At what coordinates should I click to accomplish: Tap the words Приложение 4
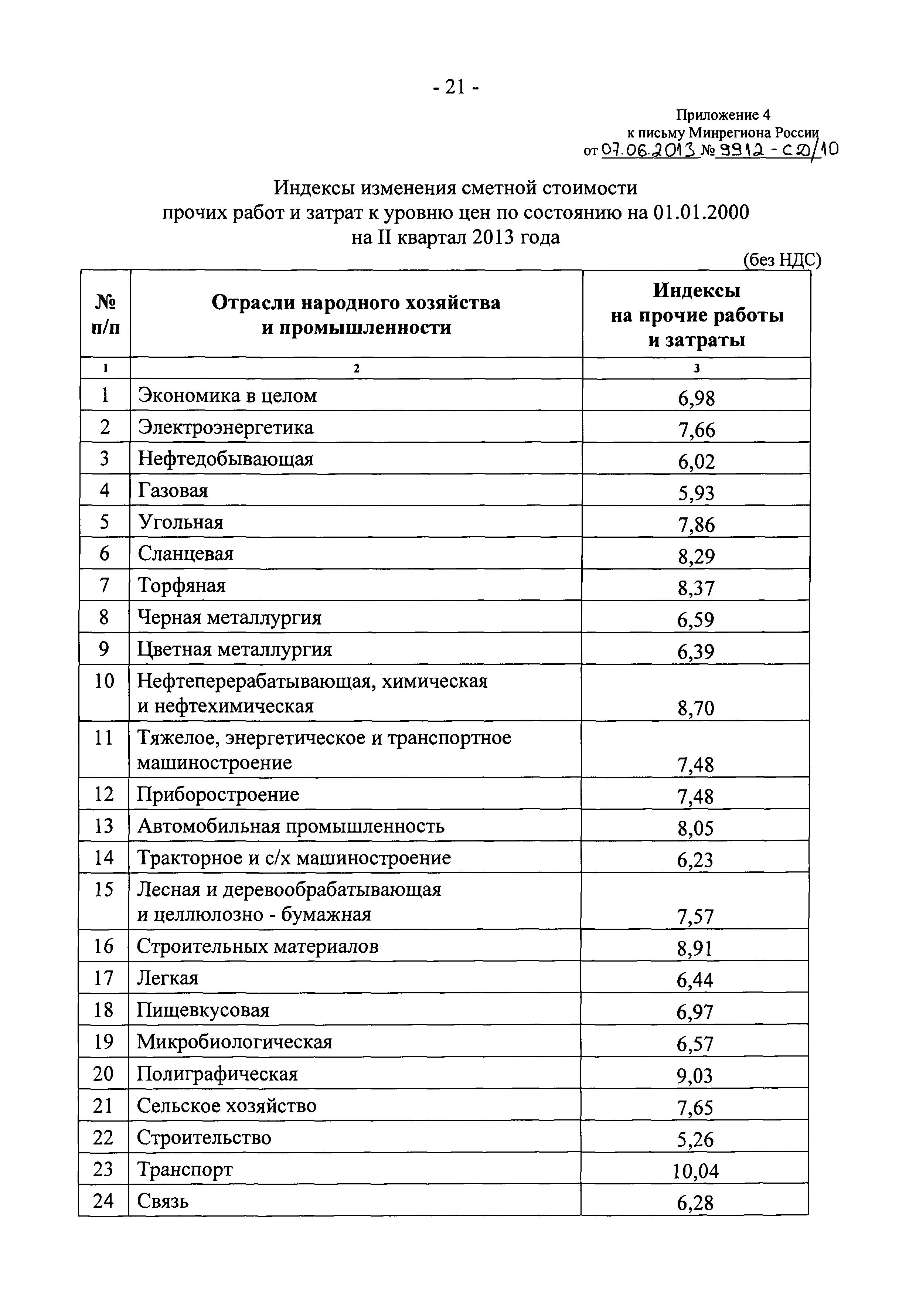723,115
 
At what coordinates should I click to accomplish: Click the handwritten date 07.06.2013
650,150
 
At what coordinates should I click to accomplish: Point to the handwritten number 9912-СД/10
776,150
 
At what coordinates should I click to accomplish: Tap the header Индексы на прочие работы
697,315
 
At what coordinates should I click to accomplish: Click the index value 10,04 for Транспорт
695,1172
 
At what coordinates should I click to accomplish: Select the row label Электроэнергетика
226,427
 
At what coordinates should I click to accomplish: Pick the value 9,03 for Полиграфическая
695,1077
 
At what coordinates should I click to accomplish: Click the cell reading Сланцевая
186,554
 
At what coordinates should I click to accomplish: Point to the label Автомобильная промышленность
291,826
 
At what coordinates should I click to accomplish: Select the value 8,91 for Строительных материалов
695,949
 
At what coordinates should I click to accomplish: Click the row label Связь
163,1201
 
